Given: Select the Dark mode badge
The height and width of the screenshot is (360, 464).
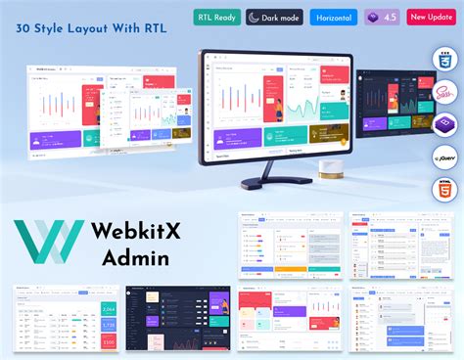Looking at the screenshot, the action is tap(273, 17).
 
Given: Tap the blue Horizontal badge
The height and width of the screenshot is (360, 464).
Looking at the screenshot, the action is tap(334, 17).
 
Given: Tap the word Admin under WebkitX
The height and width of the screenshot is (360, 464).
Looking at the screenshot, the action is tap(135, 258).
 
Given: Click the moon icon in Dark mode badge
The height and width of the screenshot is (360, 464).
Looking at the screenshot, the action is tap(255, 17).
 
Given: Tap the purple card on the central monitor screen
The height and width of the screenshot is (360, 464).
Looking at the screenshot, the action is tap(231, 138).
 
